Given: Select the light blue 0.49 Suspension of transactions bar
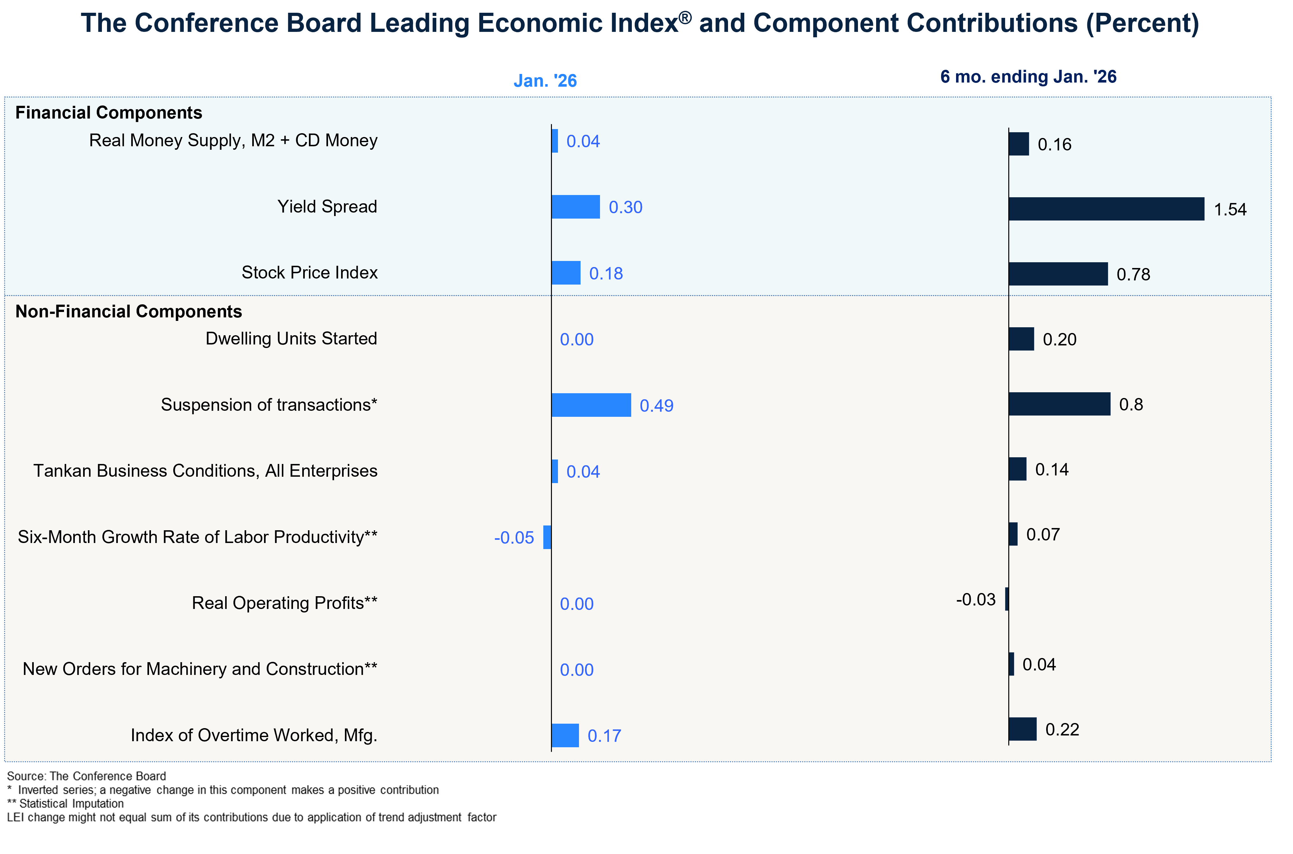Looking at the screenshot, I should [x=591, y=405].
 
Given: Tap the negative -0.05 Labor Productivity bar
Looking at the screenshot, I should [x=547, y=537].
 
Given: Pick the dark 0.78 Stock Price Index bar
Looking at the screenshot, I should [x=1058, y=274].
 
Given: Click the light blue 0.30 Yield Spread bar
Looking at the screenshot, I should [x=575, y=207].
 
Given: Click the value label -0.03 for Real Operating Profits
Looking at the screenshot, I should [x=976, y=600].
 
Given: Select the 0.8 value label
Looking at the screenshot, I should [x=1131, y=405].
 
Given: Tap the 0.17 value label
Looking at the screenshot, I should [x=604, y=736].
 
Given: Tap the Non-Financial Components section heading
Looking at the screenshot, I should [x=128, y=312].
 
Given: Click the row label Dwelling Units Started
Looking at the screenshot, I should [x=291, y=339].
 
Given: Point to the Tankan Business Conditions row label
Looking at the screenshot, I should [x=205, y=471].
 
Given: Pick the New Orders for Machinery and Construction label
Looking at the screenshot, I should [x=200, y=669].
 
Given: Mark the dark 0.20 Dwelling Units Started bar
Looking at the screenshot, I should [x=1021, y=339].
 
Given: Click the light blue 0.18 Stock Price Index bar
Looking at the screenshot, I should [x=566, y=273].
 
